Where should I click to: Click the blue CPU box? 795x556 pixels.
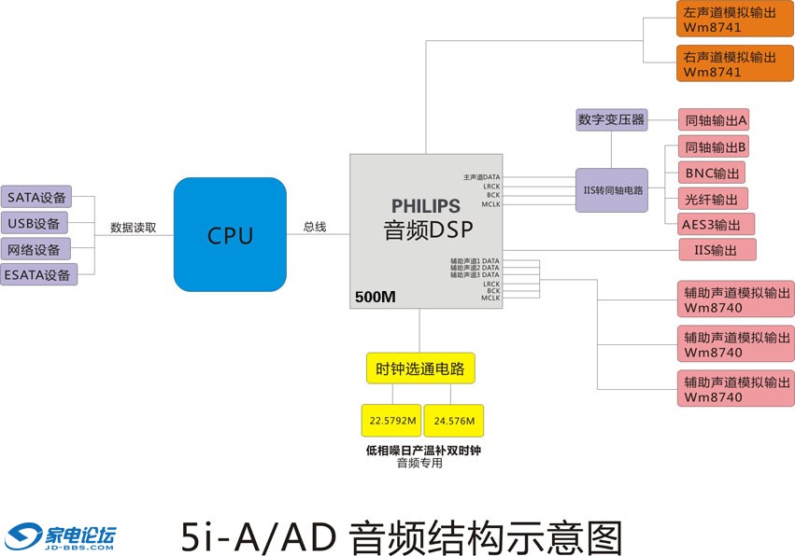pyautogui.click(x=230, y=234)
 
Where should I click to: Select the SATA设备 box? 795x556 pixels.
pyautogui.click(x=37, y=198)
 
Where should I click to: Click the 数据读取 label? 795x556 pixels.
pyautogui.click(x=134, y=227)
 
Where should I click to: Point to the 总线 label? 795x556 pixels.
pyautogui.click(x=315, y=227)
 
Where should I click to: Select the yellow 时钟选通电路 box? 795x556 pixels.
pyautogui.click(x=420, y=368)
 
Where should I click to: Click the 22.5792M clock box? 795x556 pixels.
pyautogui.click(x=391, y=421)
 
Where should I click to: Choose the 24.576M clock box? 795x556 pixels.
pyautogui.click(x=454, y=421)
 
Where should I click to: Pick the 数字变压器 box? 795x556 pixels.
pyautogui.click(x=612, y=119)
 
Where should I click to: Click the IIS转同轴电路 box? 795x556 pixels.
pyautogui.click(x=612, y=189)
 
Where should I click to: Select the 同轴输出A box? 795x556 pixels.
pyautogui.click(x=716, y=119)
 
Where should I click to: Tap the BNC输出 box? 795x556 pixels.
pyautogui.click(x=712, y=173)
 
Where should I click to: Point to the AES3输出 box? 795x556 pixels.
pyautogui.click(x=716, y=224)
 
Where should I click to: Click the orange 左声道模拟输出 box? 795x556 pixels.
pyautogui.click(x=728, y=20)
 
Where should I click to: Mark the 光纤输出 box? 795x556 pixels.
pyautogui.click(x=712, y=199)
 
